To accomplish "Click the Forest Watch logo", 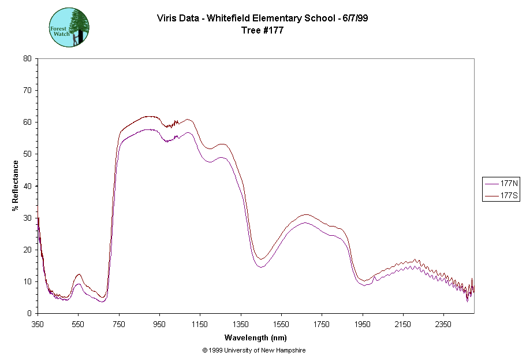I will pyautogui.click(x=69, y=27).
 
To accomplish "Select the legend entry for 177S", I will pyautogui.click(x=501, y=196).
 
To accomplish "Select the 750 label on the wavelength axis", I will pyautogui.click(x=119, y=325).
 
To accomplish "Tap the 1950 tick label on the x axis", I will pyautogui.click(x=363, y=325).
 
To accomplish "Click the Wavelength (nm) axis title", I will pyautogui.click(x=256, y=337).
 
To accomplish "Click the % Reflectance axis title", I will pyautogui.click(x=16, y=185).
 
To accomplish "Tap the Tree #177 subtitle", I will pyautogui.click(x=263, y=31).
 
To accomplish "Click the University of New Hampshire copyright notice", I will pyautogui.click(x=254, y=350).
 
